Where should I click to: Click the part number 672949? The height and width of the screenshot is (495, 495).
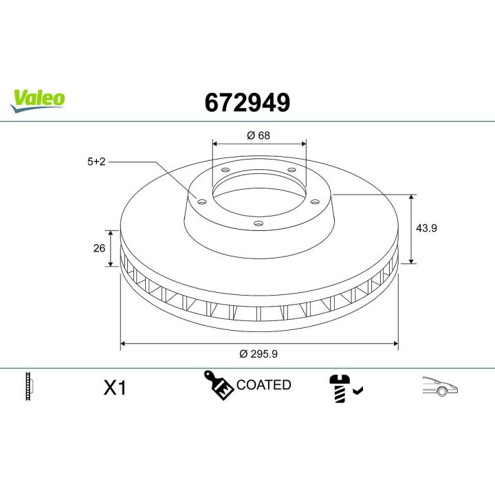tap(247, 102)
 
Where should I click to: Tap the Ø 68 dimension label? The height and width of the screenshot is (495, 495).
tap(258, 135)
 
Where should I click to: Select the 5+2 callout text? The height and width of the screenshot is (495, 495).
tap(96, 162)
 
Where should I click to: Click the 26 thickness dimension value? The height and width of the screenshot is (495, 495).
tap(98, 247)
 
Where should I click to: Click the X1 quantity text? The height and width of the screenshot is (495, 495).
tap(115, 388)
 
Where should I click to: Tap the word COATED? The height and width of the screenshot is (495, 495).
tap(263, 385)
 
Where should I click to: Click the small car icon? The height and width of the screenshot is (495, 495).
tap(440, 387)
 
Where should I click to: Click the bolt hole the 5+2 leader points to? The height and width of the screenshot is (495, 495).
tap(201, 201)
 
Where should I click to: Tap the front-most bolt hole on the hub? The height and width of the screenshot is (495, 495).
tap(258, 223)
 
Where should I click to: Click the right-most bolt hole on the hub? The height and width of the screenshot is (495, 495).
tap(315, 201)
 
